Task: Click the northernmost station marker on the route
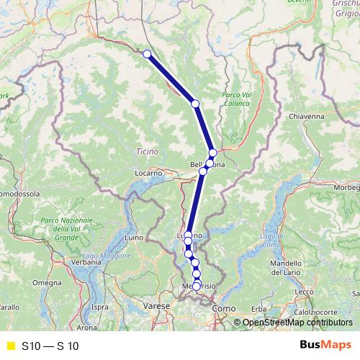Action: (147, 54)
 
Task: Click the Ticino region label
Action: (145, 151)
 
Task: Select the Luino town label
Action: (135, 237)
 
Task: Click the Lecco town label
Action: (305, 291)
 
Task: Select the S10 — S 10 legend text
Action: (50, 346)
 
